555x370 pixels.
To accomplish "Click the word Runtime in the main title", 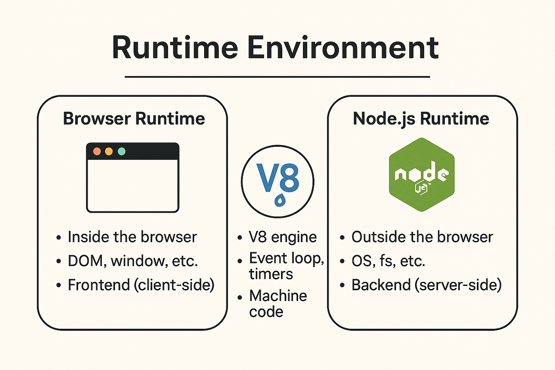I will coord(175,48).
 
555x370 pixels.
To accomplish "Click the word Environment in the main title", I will coord(343,48).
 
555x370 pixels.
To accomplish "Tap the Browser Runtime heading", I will coord(134,119).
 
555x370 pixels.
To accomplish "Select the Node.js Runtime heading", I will coord(421,119).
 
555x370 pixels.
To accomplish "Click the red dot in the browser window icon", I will coord(97,151).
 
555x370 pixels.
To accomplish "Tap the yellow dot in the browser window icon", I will coord(109,151).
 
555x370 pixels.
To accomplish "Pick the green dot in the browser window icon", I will coord(122,151).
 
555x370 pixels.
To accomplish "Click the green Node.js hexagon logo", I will coord(421,174).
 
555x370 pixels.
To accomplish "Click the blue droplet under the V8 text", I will coord(280,200).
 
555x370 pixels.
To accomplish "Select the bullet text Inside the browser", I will coord(132,237).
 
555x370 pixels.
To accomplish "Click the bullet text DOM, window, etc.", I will coord(132,261).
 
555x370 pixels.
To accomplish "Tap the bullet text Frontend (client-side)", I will coord(141,285).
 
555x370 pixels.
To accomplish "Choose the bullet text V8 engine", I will coord(283,237).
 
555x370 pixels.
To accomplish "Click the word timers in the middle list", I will coord(271,274).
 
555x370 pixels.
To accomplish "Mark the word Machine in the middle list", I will coord(278,296).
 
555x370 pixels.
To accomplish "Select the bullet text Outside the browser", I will coord(422,237).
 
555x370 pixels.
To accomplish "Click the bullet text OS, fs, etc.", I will coord(388,261).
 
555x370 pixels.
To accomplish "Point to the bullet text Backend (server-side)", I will coord(426,285).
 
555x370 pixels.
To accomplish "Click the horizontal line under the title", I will coord(277,77).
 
